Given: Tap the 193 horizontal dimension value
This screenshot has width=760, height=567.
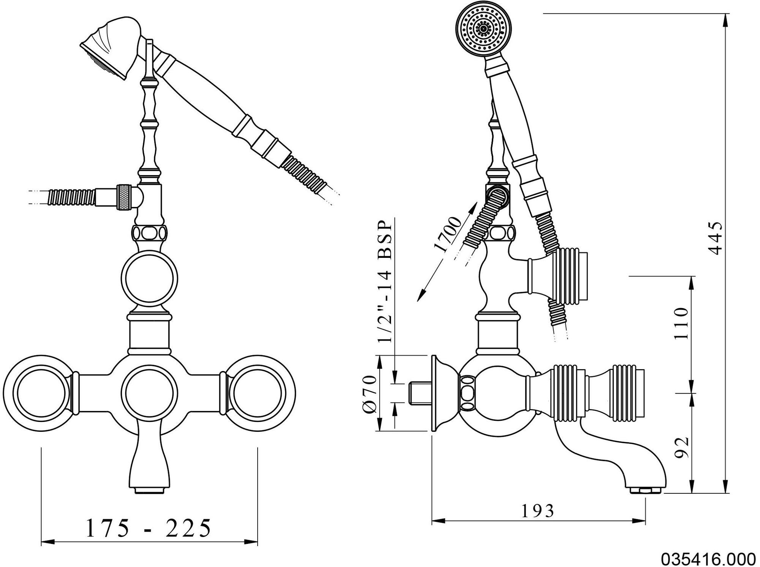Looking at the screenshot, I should coord(538,511).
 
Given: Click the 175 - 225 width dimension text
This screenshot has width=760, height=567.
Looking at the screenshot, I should coord(148,528).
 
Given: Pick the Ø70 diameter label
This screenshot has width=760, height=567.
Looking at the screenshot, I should coord(369,393).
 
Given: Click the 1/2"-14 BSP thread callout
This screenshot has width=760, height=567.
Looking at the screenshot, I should coord(385,281).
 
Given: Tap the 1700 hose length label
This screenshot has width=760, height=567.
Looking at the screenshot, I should coord(448,234).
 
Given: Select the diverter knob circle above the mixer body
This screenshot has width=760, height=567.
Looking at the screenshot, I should coord(150,278).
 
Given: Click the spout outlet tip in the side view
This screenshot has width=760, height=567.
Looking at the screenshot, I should coord(646,491).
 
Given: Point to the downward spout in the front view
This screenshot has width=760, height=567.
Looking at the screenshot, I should coord(150,461).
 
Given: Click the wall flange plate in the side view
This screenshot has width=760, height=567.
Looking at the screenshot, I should coord(437,393).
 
